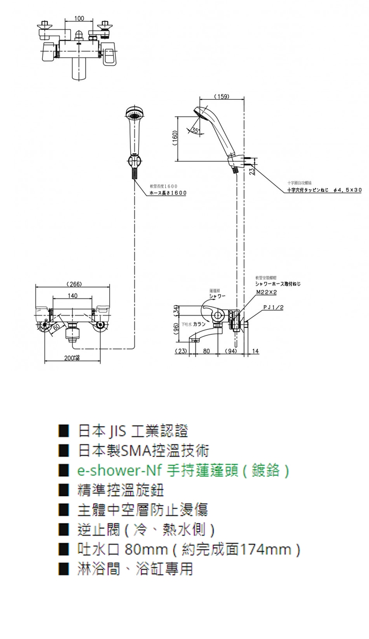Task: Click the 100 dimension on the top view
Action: pos(79,19)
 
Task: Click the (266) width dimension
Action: pos(73,285)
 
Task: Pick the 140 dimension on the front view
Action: pos(72,296)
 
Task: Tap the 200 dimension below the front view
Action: pos(72,357)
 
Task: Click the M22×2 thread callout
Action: pos(267,291)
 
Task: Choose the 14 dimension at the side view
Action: pos(255,351)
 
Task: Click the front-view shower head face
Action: pos(134,115)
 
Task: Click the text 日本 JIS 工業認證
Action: pos(133,431)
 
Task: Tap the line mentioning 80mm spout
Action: pos(189,549)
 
